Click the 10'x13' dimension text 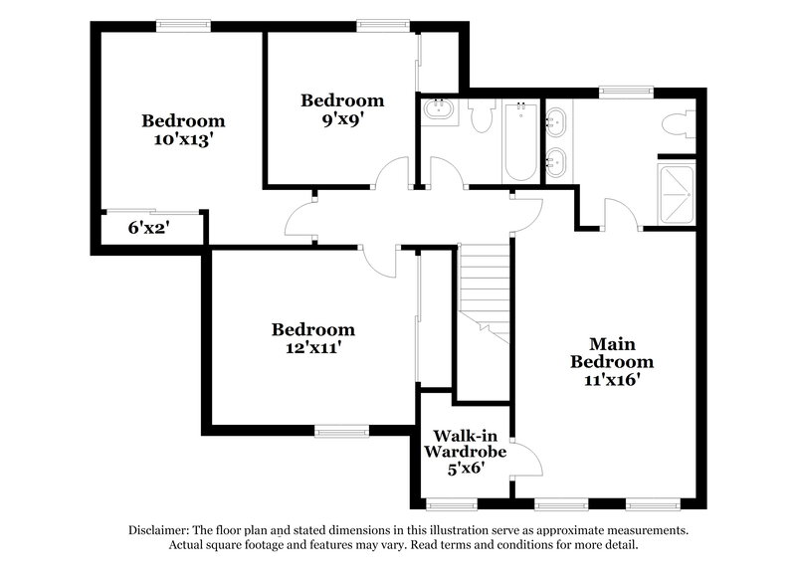pos(183,140)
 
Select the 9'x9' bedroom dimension pos(342,118)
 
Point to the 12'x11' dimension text pos(313,348)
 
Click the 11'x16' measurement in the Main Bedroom pos(611,379)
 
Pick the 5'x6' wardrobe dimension pos(464,468)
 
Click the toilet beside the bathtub pos(483,117)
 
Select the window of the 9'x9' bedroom pos(384,26)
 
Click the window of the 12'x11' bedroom pos(339,431)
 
